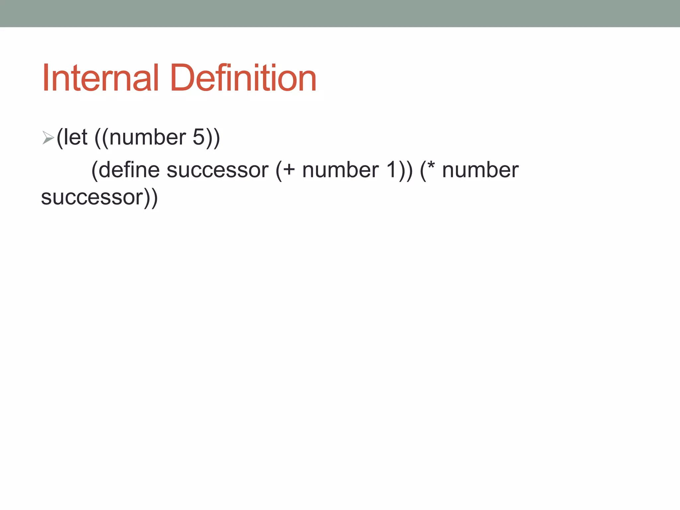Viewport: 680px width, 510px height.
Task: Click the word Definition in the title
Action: point(243,78)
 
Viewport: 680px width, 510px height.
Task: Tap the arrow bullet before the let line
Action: point(48,137)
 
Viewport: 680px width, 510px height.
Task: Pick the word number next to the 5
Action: point(147,138)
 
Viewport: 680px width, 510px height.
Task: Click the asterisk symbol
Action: point(431,165)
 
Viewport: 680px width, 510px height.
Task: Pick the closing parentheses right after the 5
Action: point(213,138)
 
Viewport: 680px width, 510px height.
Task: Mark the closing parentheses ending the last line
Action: point(151,199)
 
